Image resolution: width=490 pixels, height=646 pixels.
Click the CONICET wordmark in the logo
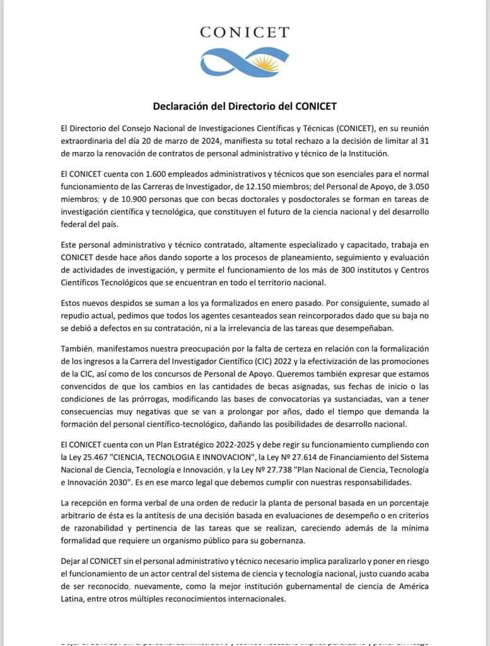click(x=245, y=32)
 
